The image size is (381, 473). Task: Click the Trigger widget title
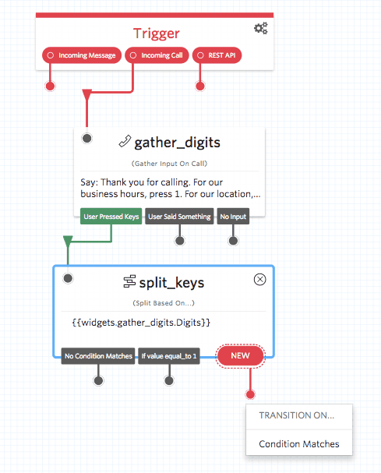tap(156, 33)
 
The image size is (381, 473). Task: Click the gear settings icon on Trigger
tap(261, 28)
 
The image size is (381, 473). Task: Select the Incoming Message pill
tap(81, 55)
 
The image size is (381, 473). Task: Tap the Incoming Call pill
tap(157, 55)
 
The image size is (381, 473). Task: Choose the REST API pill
tap(217, 55)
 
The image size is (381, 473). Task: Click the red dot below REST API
tap(200, 85)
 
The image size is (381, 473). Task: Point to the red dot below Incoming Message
tap(51, 85)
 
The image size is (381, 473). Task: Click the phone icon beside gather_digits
tap(125, 141)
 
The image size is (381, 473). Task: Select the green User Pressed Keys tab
tap(111, 217)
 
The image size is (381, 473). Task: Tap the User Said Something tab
tap(179, 217)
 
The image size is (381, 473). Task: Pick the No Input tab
tap(233, 217)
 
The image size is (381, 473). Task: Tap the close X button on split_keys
tap(260, 280)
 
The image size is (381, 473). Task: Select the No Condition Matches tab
tap(98, 356)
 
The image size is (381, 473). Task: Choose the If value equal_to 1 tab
tap(168, 356)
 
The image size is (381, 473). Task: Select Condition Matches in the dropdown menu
tap(299, 443)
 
